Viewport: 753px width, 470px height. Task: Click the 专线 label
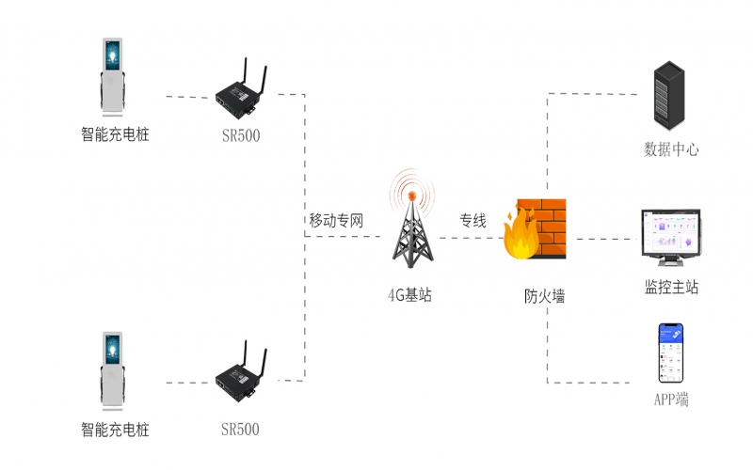[x=473, y=221]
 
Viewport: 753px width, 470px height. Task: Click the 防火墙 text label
[x=544, y=296]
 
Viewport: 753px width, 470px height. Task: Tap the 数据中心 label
[x=670, y=149]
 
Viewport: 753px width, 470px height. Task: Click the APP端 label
[x=670, y=400]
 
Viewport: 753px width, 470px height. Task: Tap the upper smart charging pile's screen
[x=113, y=58]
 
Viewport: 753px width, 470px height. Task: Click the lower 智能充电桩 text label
[x=115, y=431]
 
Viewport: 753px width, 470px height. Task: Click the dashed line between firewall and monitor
[x=602, y=238]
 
